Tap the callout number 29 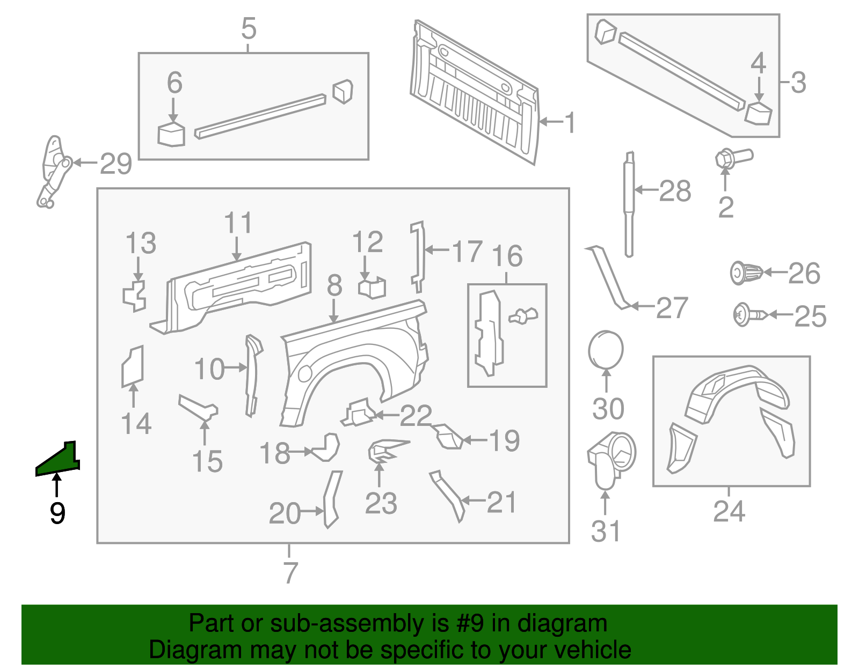pos(116,164)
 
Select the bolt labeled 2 pos(733,158)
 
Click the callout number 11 pos(238,223)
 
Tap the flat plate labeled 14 pos(133,366)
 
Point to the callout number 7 pos(290,572)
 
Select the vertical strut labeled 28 pos(629,204)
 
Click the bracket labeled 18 pos(326,447)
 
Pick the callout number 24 pos(729,511)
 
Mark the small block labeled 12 pos(372,287)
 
